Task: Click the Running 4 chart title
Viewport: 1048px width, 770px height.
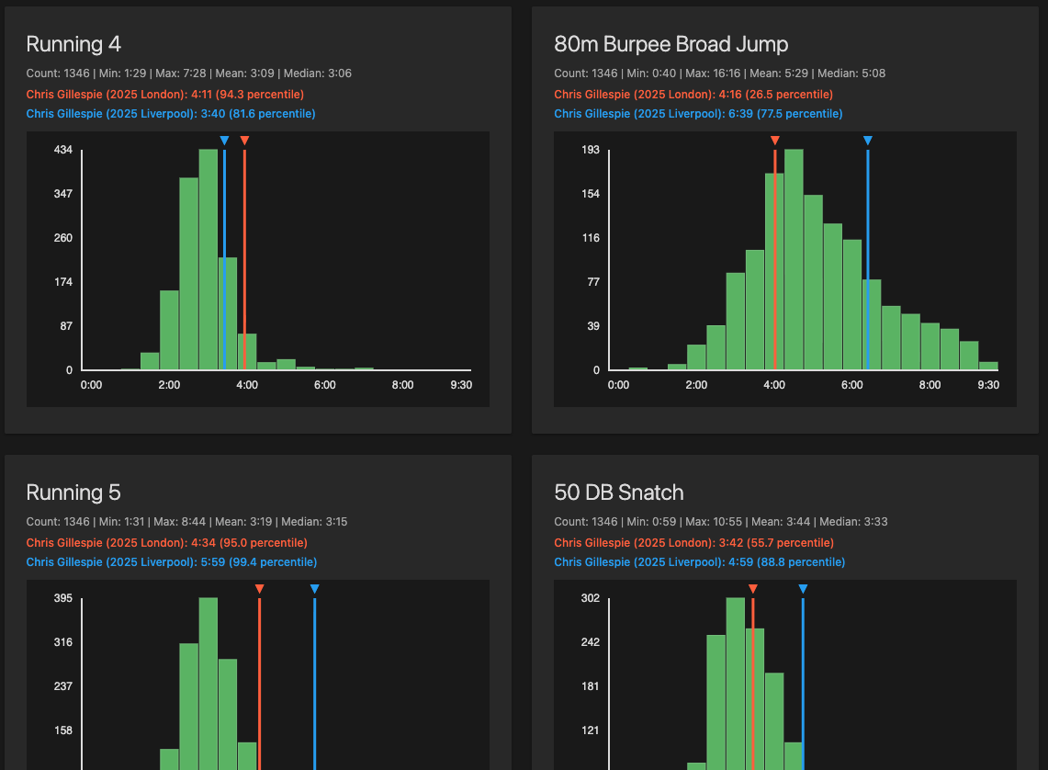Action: [x=73, y=44]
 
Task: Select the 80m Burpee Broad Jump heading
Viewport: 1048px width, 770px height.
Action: [x=670, y=44]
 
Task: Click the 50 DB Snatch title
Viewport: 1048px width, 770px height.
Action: [x=618, y=493]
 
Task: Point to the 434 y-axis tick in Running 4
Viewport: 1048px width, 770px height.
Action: [x=63, y=150]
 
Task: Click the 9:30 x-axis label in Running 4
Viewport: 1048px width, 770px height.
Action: [x=460, y=385]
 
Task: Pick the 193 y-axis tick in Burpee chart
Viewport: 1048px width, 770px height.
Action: [x=592, y=150]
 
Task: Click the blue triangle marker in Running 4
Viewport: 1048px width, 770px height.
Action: [x=224, y=141]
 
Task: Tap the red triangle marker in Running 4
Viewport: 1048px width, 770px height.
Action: [x=244, y=141]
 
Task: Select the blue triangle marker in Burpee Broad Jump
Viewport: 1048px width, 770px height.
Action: [x=867, y=141]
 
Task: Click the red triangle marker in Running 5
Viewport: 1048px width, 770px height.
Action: [x=259, y=589]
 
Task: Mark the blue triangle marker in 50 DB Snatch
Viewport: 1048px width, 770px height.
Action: [x=803, y=589]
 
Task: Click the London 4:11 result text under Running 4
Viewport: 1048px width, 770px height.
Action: [x=164, y=95]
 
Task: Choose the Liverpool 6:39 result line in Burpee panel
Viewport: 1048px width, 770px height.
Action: [x=697, y=114]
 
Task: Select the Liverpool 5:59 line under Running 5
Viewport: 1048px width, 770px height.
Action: [x=171, y=562]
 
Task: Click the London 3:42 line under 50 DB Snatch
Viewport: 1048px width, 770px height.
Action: [x=693, y=543]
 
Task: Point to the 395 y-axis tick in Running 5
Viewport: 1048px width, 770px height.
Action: [x=63, y=598]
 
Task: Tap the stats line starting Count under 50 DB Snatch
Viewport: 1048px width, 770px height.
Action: [x=719, y=522]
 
